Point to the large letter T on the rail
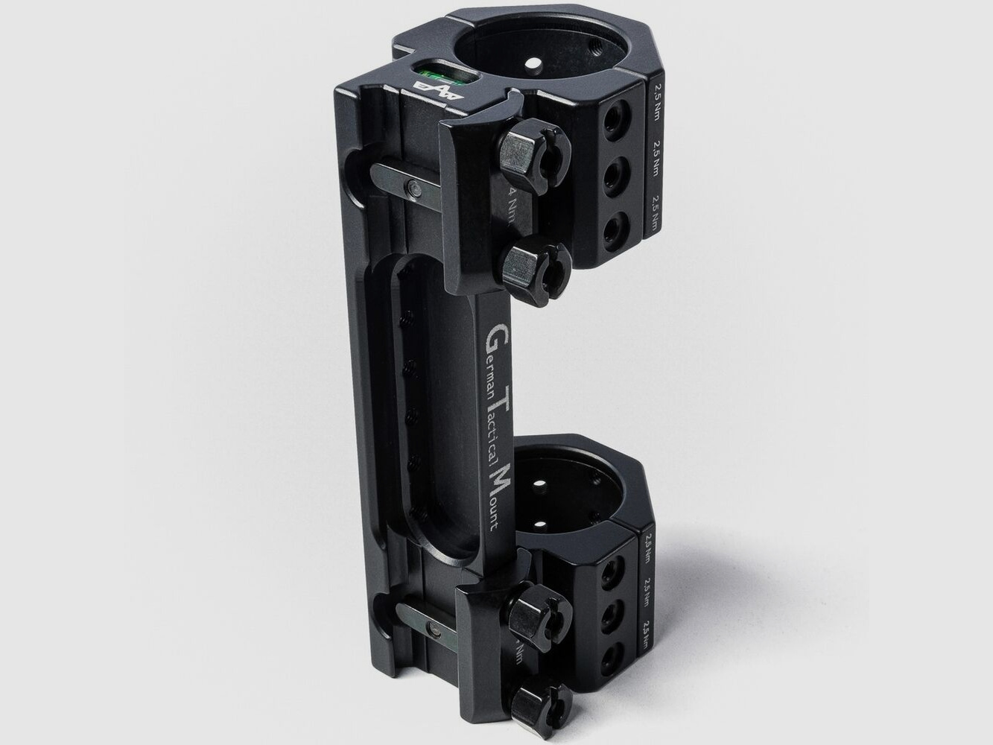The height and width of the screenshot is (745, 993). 501,403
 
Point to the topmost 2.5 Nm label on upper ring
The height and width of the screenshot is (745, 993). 657,95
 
